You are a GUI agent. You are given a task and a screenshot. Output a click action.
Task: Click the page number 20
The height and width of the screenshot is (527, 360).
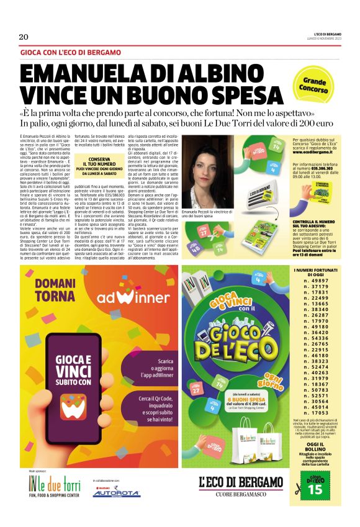click(24, 37)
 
